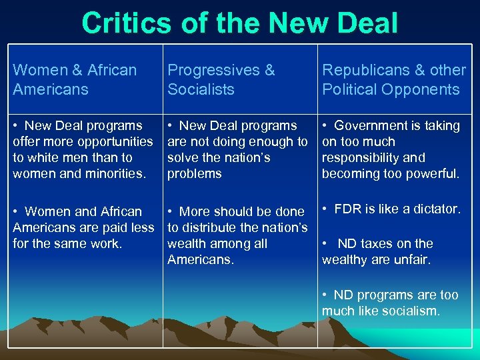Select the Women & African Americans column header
pyautogui.click(x=75, y=79)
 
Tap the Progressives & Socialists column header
pyautogui.click(x=221, y=79)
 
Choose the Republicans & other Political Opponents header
pyautogui.click(x=393, y=79)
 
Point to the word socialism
pyautogui.click(x=414, y=311)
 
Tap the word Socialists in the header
pyautogui.click(x=201, y=89)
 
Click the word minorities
pyautogui.click(x=115, y=173)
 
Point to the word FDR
pyautogui.click(x=348, y=209)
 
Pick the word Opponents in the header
pyautogui.click(x=424, y=89)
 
